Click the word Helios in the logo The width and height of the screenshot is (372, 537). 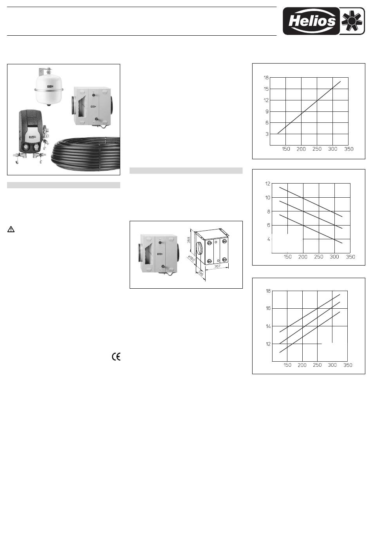tap(312, 21)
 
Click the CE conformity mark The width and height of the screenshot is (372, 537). tap(116, 357)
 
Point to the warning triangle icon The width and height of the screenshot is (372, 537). tap(11, 229)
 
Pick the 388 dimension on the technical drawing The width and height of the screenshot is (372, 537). tap(189, 240)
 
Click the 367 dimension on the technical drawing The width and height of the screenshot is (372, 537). tap(217, 266)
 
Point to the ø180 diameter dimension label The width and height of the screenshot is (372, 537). tap(191, 259)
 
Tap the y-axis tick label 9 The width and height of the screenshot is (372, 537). tap(267, 111)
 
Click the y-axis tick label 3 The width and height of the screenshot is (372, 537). tap(267, 134)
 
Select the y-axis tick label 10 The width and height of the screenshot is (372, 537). tap(267, 198)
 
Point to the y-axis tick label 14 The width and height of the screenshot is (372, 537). tap(268, 326)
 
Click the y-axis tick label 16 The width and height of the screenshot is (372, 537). tap(268, 308)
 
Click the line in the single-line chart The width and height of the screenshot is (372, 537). tap(309, 107)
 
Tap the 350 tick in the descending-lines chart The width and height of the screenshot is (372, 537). tap(350, 257)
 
